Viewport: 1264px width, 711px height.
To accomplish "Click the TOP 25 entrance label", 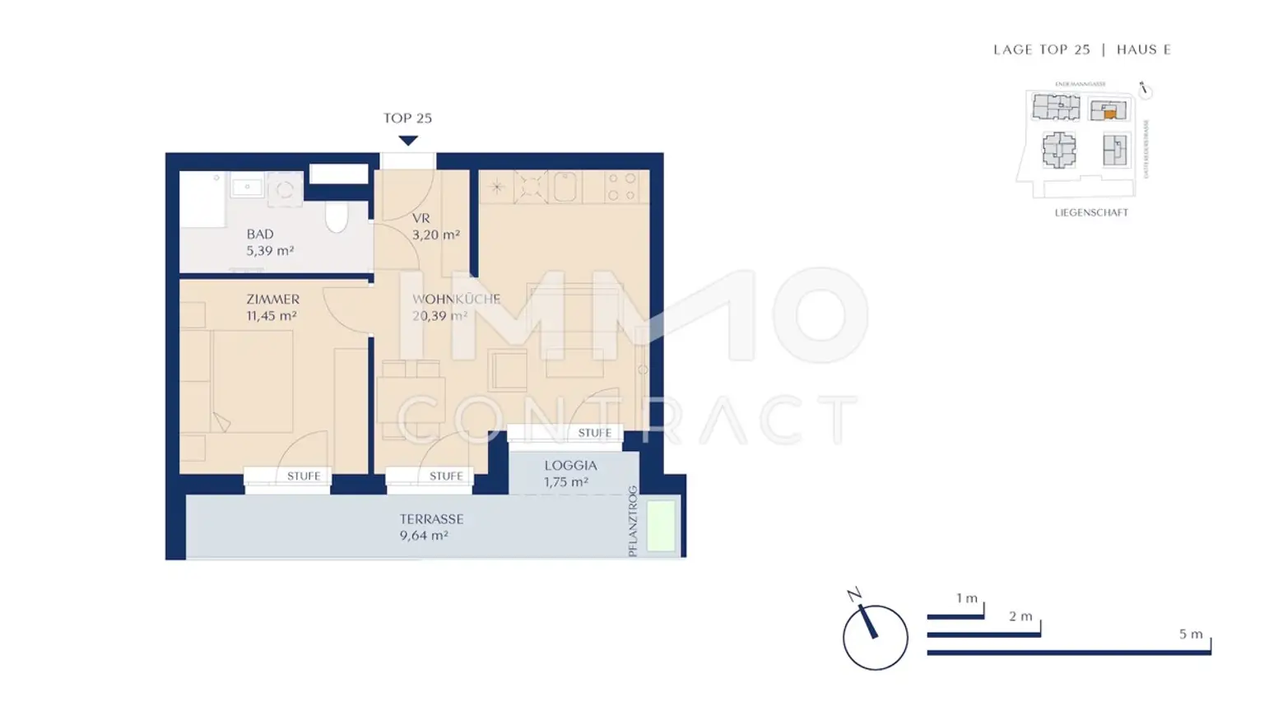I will click(x=407, y=118).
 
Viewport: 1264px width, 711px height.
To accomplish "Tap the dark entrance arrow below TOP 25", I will click(x=408, y=141).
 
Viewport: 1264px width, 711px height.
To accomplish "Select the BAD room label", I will click(x=260, y=235).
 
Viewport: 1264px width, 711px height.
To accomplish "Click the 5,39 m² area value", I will click(x=270, y=251).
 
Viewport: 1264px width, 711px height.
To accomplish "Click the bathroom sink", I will click(x=247, y=188).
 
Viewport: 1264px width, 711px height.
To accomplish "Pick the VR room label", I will click(x=421, y=218).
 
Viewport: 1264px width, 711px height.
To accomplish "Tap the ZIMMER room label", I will click(x=272, y=300).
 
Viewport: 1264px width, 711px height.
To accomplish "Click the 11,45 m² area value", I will click(x=272, y=316).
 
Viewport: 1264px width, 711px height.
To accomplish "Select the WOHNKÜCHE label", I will click(x=456, y=300).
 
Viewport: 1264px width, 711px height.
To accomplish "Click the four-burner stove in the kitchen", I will click(x=621, y=187).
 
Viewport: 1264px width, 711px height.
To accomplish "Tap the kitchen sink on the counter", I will click(x=565, y=188).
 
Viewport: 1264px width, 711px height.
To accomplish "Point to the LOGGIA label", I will click(x=570, y=466).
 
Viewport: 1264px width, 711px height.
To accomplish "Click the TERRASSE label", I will click(x=431, y=519).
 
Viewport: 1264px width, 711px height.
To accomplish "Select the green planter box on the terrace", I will click(x=661, y=525).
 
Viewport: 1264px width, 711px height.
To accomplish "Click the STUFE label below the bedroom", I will click(x=304, y=476).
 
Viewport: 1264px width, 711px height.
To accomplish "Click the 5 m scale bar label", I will click(x=1191, y=634).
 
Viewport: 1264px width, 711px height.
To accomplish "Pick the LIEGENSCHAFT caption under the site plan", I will click(x=1091, y=212).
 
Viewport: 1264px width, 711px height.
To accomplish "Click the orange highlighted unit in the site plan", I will click(x=1110, y=114).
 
